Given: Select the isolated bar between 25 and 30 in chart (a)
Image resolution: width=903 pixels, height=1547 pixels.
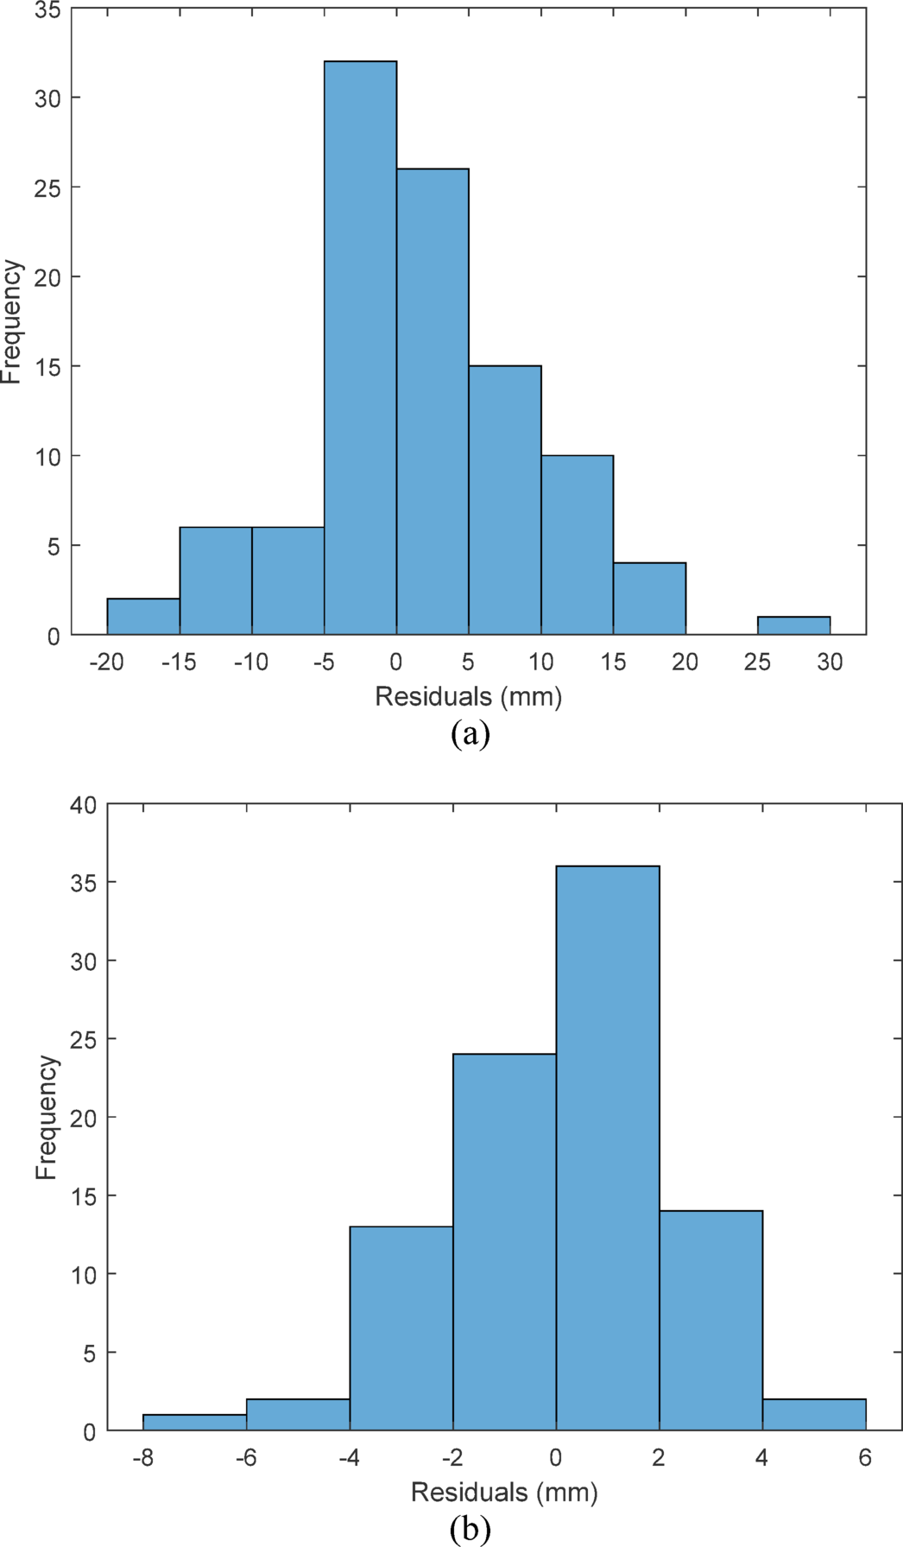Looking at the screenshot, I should pos(793,625).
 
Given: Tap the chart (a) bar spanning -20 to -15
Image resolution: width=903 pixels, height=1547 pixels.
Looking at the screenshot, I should pos(143,617).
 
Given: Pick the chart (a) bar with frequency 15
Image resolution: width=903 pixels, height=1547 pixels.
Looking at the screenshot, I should pos(505,501).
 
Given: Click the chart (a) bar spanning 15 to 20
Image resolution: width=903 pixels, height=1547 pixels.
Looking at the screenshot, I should pos(649,599).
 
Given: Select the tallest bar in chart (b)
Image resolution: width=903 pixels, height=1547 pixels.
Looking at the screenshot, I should pos(608,1148).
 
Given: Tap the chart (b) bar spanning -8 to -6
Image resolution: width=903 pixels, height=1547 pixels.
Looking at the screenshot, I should pos(194,1422).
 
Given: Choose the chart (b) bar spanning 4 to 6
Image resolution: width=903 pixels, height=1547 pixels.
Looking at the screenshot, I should pos(814,1414).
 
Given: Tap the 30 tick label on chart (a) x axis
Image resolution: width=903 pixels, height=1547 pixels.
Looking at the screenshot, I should pos(830,663).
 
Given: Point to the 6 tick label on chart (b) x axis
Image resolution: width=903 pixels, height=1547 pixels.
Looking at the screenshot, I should pos(866,1459).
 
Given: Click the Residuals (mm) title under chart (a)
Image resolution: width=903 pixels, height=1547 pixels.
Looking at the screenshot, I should pos(469,696).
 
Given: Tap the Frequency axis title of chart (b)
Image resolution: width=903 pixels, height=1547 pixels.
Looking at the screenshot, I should pos(47,1117).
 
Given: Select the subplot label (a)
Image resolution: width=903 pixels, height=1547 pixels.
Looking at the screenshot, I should pos(470,734).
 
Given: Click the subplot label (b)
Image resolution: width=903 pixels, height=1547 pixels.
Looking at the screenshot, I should pos(470,1531).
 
